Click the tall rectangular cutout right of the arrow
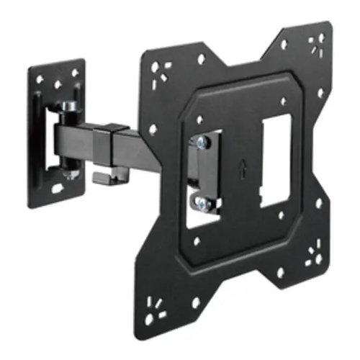pyautogui.click(x=276, y=160)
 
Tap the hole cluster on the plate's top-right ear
pyautogui.click(x=315, y=43)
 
